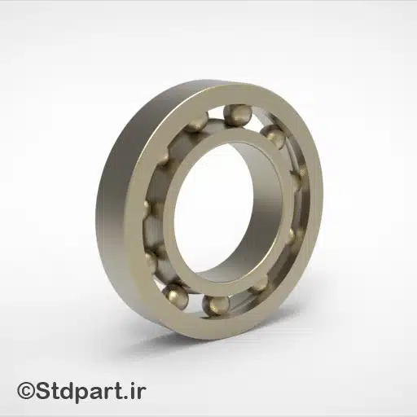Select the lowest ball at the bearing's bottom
coord(217,305)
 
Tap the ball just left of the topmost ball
coord(196,123)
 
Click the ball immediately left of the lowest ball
coord(175,294)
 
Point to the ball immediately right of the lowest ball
coord(258,284)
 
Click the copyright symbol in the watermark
coord(27,392)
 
